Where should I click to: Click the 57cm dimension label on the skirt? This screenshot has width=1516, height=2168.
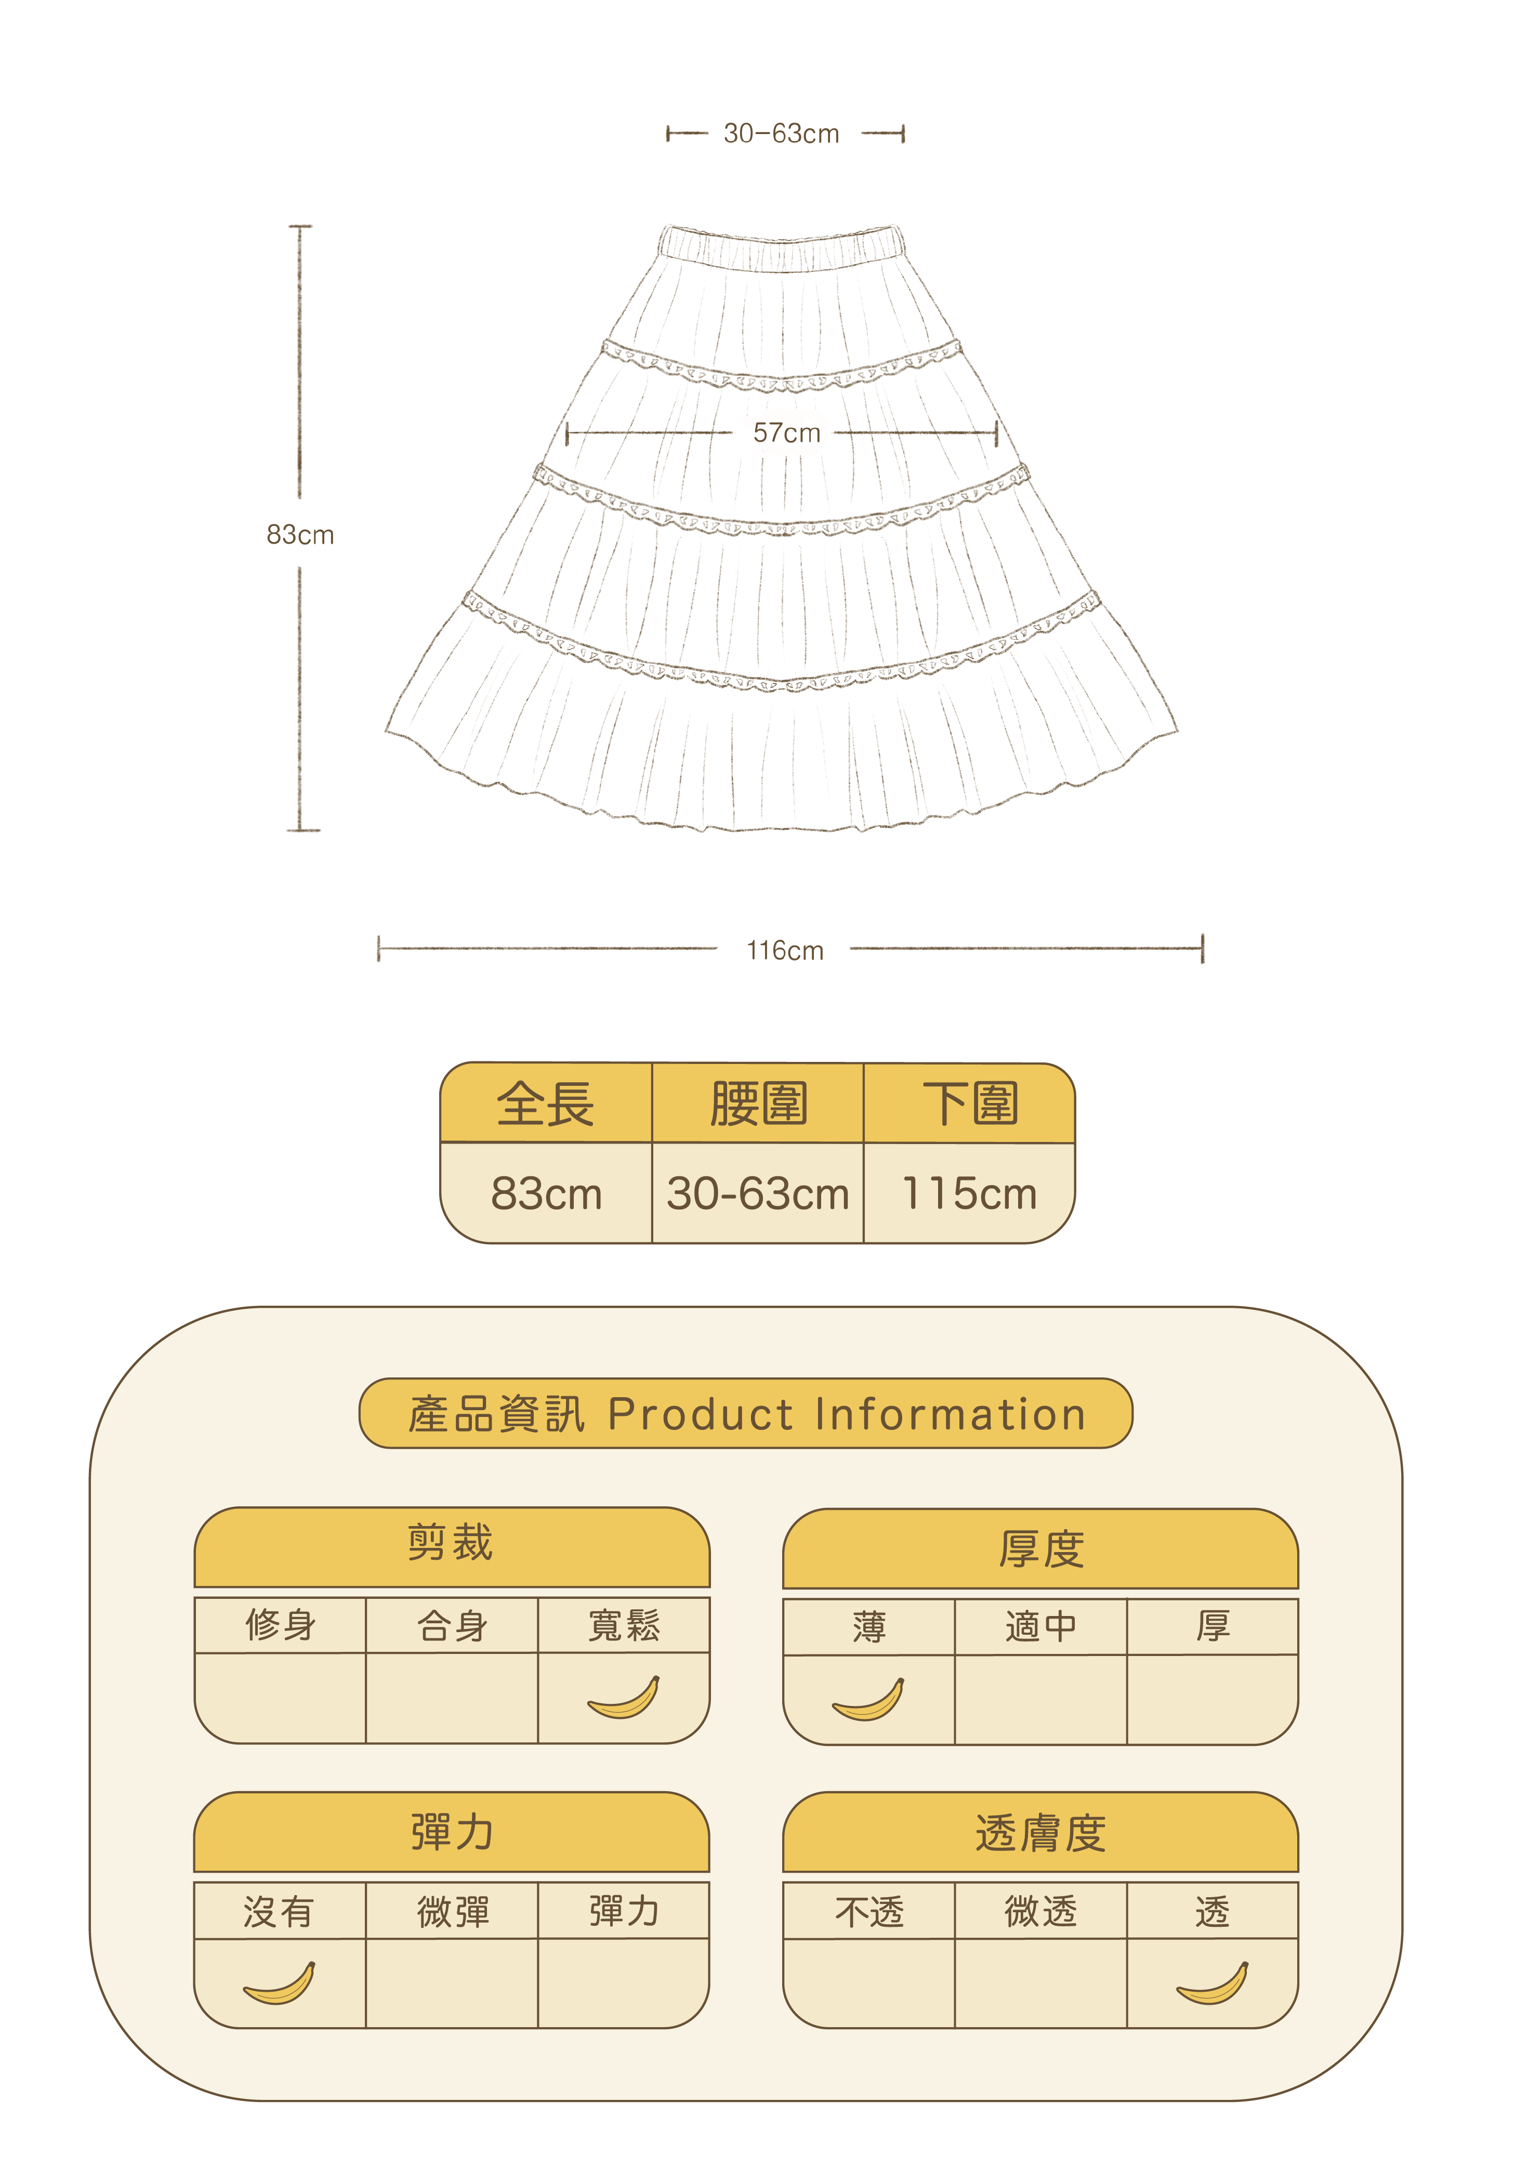click(x=786, y=433)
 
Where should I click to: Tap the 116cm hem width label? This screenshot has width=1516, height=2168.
click(x=784, y=950)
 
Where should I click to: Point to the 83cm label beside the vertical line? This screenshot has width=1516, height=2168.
click(x=300, y=535)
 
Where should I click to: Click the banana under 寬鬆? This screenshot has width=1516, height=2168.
click(x=624, y=1698)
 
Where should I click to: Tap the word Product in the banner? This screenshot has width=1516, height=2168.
click(x=701, y=1414)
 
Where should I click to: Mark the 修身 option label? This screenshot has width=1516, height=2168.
click(x=280, y=1625)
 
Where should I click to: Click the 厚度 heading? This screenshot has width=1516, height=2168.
click(x=1040, y=1548)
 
